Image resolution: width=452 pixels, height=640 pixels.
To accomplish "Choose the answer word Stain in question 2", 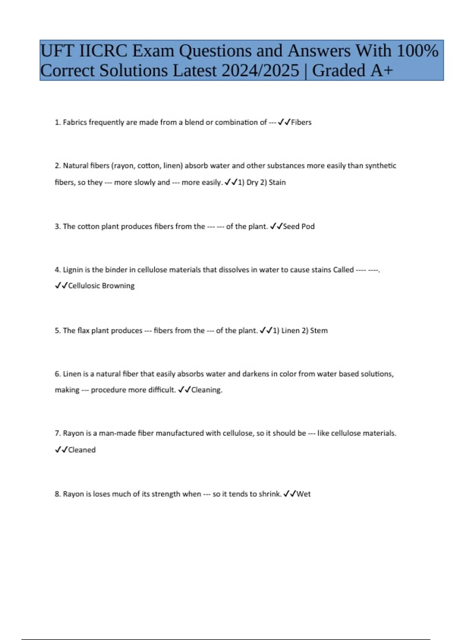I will pos(277,183).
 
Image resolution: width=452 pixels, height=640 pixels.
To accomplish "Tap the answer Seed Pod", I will pos(299,227).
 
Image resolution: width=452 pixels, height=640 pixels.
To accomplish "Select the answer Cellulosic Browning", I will pos(101,286).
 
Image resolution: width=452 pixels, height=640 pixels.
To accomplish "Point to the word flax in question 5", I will pos(83,331).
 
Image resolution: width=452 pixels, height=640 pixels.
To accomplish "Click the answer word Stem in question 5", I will pos(319,331).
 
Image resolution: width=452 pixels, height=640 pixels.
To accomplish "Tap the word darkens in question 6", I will pos(255,374).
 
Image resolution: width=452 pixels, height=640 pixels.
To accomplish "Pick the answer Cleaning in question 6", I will pos(206,390).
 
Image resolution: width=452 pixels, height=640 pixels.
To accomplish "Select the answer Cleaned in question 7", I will pos(82,450).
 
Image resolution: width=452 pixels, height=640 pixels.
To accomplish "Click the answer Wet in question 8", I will pos(304,494).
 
